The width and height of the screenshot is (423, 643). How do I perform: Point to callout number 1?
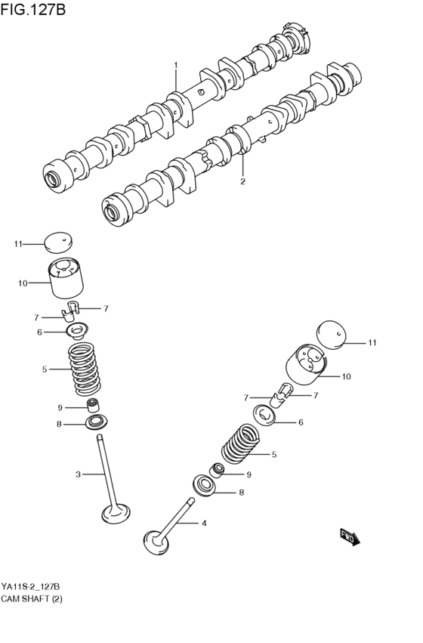176,66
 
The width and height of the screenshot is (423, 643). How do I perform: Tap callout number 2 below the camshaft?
242,181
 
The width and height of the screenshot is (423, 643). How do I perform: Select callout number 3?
78,475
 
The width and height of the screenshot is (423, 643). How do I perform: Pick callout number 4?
202,523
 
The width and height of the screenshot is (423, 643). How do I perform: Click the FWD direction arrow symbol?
350,537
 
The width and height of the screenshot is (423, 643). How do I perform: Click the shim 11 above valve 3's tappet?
59,242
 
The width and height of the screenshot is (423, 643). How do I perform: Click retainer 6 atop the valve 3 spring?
77,330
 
